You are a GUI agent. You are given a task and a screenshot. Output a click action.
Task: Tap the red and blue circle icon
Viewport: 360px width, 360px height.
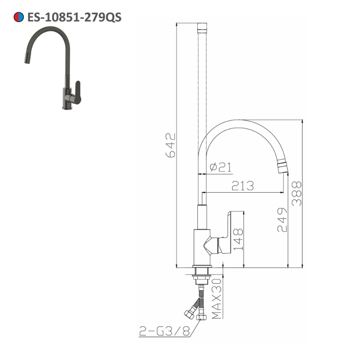[x=19, y=17]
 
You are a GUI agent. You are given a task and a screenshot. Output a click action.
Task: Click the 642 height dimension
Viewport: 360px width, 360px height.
[x=170, y=145]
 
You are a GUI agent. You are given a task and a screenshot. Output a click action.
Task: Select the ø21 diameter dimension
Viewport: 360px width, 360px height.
[x=220, y=167]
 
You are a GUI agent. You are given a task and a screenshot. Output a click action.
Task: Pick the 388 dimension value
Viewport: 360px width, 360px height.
[x=296, y=193]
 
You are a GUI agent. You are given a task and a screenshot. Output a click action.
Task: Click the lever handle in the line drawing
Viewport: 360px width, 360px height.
[x=230, y=234]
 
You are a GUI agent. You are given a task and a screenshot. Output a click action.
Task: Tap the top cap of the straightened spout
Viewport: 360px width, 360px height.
[x=203, y=27]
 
